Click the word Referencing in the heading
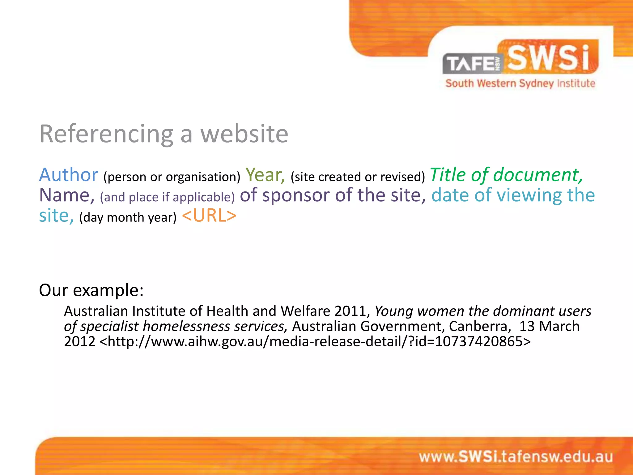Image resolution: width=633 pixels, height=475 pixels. [106, 134]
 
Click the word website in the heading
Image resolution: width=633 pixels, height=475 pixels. [244, 134]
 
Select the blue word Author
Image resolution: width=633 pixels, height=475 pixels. [69, 175]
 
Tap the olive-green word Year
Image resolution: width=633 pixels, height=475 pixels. [265, 175]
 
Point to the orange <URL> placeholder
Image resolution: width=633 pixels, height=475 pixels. [209, 216]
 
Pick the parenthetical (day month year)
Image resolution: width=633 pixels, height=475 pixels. [128, 217]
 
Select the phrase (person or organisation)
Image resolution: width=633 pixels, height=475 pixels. [172, 177]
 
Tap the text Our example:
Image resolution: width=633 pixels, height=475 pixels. [91, 290]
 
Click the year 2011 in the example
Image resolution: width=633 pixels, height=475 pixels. [352, 311]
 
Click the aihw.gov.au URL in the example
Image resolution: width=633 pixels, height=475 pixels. [315, 341]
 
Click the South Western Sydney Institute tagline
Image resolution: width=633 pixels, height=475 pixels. [520, 83]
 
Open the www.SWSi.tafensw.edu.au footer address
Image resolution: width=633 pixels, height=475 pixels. [516, 457]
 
